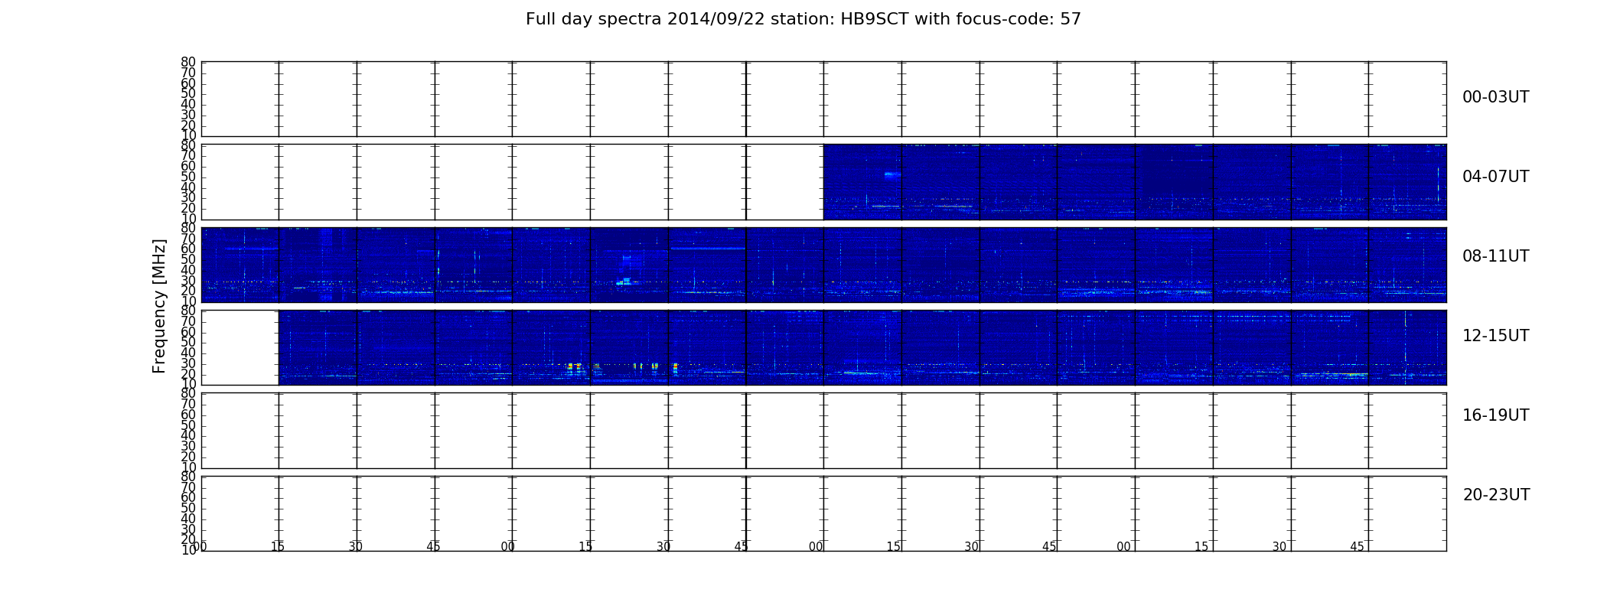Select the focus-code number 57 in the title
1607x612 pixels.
click(x=1071, y=19)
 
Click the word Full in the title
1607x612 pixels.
click(x=539, y=19)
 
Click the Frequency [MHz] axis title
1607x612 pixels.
click(x=159, y=306)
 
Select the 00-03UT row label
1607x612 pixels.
click(x=1496, y=97)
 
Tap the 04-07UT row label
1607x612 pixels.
click(x=1496, y=177)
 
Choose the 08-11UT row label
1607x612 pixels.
click(x=1496, y=256)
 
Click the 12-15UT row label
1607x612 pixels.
click(x=1496, y=336)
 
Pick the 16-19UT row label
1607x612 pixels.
click(x=1496, y=415)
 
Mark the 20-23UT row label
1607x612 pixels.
click(x=1496, y=495)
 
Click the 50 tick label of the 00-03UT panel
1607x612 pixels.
click(x=188, y=94)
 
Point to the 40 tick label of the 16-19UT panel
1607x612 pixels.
click(x=188, y=436)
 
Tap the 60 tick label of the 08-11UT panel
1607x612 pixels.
click(x=188, y=249)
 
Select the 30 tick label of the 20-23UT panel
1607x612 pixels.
click(x=188, y=529)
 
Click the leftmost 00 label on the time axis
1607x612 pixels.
click(x=200, y=546)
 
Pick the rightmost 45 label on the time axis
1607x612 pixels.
click(x=1357, y=547)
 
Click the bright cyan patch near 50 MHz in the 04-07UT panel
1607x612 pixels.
click(x=892, y=174)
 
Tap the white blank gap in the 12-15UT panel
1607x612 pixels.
click(x=240, y=347)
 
